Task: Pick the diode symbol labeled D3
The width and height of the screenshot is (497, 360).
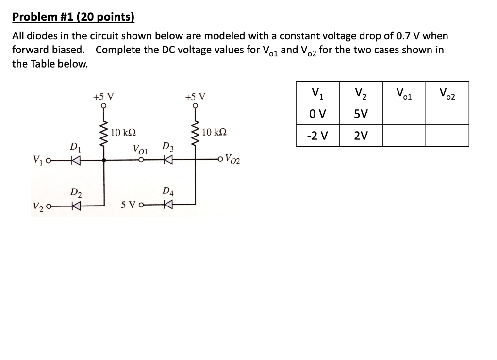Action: tap(167, 159)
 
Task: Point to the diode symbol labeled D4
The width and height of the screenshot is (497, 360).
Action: tap(167, 206)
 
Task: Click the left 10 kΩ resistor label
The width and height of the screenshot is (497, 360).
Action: tap(123, 133)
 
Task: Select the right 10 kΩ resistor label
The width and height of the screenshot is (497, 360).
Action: tap(214, 132)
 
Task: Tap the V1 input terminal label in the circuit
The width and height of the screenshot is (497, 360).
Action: tap(37, 158)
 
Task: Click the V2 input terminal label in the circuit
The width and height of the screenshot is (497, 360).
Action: tap(37, 206)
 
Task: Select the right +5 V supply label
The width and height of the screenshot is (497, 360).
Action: tap(195, 96)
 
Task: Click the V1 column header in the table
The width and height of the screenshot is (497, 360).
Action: tap(317, 92)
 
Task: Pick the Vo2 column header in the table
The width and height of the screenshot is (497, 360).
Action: tap(447, 92)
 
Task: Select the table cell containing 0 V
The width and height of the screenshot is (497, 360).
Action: tap(317, 114)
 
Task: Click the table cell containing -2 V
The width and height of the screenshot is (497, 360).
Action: tap(317, 136)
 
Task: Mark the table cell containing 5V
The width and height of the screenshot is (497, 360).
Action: tap(361, 114)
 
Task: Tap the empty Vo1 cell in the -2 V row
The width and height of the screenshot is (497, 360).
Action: tap(404, 136)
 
